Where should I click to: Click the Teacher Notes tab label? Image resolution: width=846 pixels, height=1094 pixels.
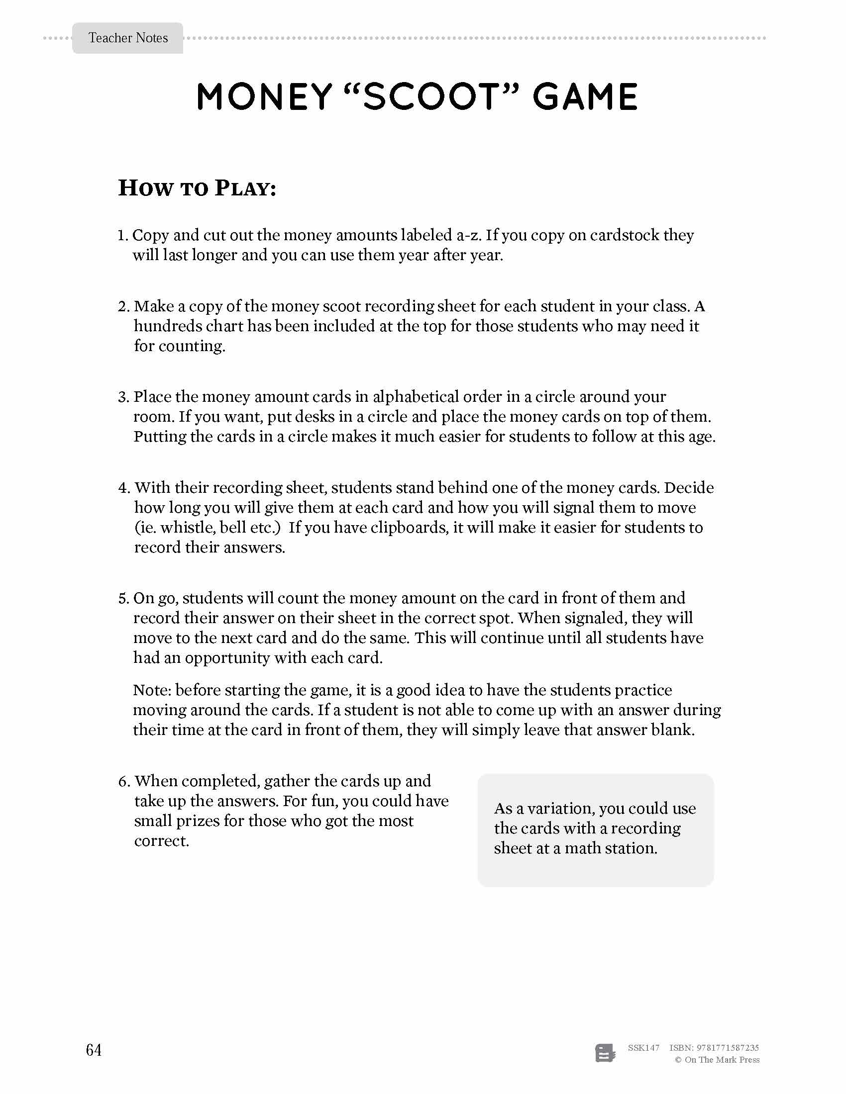pyautogui.click(x=128, y=38)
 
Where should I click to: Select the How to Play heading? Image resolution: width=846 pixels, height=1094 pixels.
pyautogui.click(x=197, y=188)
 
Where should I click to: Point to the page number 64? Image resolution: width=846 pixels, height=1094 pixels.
pyautogui.click(x=94, y=1050)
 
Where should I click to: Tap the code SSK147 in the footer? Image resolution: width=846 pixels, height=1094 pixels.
pyautogui.click(x=643, y=1047)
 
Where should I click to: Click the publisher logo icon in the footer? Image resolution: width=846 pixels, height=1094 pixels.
pyautogui.click(x=605, y=1053)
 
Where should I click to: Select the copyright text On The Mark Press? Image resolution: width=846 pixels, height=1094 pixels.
pyautogui.click(x=721, y=1060)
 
